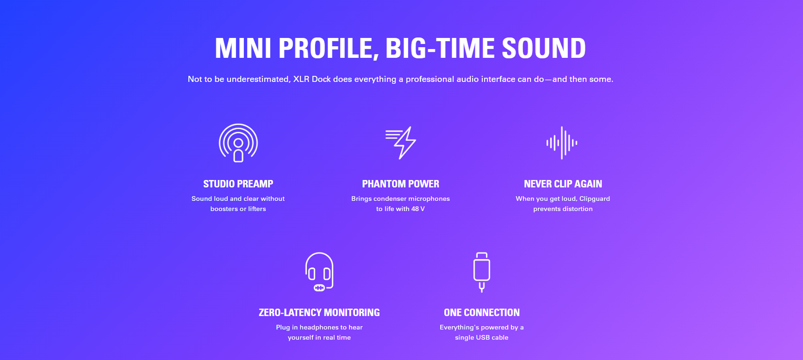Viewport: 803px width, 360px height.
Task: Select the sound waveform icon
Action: click(x=562, y=143)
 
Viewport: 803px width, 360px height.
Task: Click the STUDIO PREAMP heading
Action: click(x=238, y=184)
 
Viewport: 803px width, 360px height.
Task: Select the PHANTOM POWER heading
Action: click(x=401, y=184)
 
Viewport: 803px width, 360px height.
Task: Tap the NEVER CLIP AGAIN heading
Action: click(x=563, y=184)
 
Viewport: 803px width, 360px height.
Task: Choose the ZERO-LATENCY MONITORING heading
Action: click(x=319, y=313)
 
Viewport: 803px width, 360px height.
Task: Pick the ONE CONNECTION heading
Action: click(x=482, y=313)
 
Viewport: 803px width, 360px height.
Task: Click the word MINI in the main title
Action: click(x=243, y=49)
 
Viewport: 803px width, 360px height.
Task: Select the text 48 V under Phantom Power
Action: click(x=418, y=209)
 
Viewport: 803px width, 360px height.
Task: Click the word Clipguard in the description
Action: click(x=595, y=199)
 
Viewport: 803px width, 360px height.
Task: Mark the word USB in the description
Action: click(x=482, y=338)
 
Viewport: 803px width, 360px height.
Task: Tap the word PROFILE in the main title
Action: click(x=329, y=49)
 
